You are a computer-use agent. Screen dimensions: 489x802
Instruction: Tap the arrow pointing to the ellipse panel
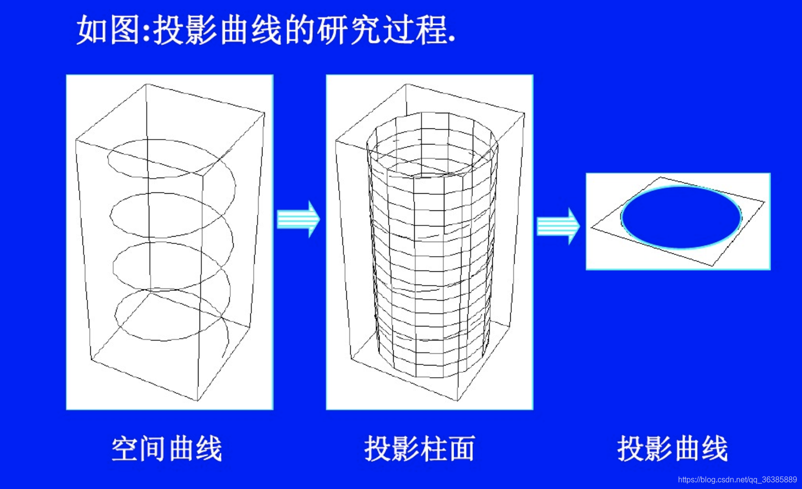pyautogui.click(x=558, y=226)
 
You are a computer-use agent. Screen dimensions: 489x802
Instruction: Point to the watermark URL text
pyautogui.click(x=737, y=480)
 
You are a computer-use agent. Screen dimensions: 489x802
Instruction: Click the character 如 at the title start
pyautogui.click(x=92, y=30)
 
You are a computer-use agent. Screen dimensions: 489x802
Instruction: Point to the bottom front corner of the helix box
pyautogui.click(x=198, y=401)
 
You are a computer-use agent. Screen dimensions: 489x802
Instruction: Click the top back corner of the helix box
pyautogui.click(x=146, y=84)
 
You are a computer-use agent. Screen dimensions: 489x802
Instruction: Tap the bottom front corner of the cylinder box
pyautogui.click(x=457, y=401)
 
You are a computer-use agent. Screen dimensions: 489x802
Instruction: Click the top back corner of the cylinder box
pyautogui.click(x=406, y=84)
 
